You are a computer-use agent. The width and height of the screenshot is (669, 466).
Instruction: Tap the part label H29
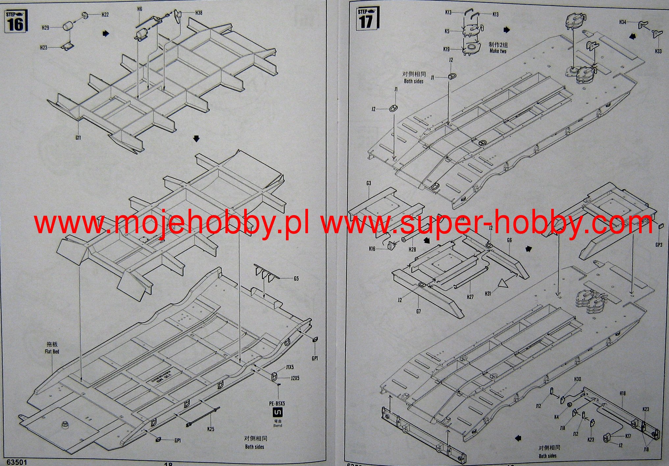[x=45, y=28]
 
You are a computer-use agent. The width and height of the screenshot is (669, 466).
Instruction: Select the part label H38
[x=199, y=13]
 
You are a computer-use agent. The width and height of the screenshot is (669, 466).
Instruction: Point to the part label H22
[x=105, y=15]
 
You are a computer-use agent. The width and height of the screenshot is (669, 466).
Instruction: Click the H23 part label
[x=44, y=48]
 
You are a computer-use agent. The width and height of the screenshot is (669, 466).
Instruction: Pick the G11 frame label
[x=78, y=138]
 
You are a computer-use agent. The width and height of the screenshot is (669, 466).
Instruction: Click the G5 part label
[x=296, y=279]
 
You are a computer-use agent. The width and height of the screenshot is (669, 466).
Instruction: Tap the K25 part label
[x=211, y=429]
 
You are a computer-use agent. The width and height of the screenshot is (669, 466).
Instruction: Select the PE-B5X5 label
[x=278, y=403]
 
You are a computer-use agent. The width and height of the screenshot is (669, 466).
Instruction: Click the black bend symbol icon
[x=278, y=413]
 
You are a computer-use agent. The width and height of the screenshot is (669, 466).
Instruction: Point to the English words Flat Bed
[x=52, y=352]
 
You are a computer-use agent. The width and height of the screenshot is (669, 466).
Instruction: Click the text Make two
[x=498, y=51]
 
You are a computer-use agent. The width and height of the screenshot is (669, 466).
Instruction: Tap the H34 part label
[x=623, y=22]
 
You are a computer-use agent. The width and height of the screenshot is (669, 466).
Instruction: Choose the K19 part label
[x=446, y=49]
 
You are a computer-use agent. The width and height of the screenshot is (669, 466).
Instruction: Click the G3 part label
[x=369, y=183]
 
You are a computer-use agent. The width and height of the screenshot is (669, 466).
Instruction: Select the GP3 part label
[x=659, y=245]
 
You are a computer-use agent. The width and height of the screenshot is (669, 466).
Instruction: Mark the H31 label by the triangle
[x=488, y=293]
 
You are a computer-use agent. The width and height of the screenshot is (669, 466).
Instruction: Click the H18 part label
[x=623, y=393]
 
